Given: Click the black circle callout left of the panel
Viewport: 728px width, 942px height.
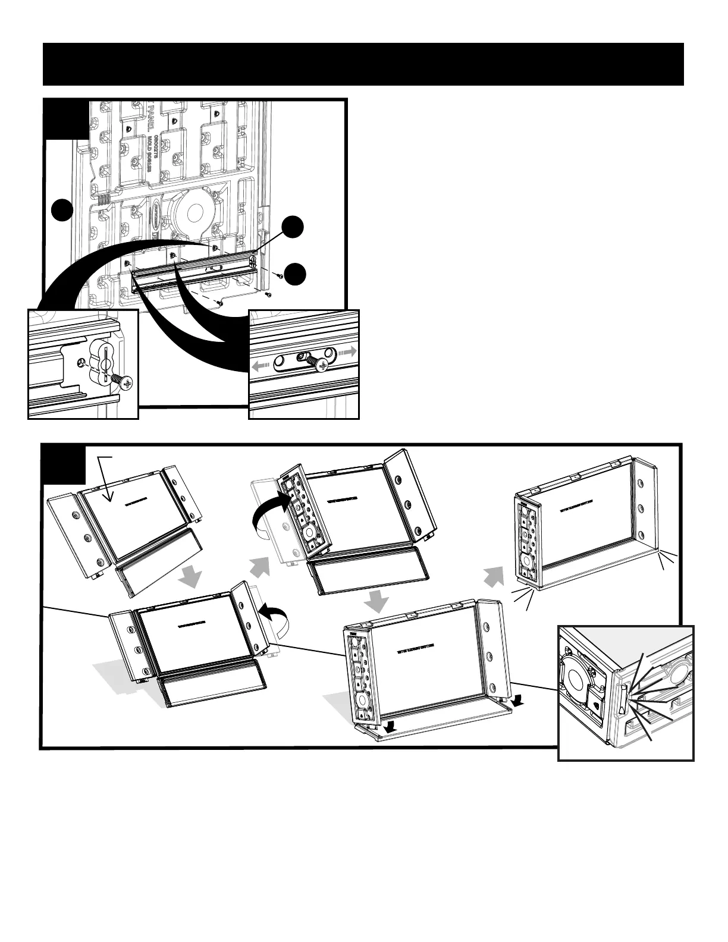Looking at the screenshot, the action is pos(61,211).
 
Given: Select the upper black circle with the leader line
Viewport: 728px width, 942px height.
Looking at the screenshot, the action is pos(293,228).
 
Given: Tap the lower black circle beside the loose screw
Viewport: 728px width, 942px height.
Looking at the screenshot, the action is pos(293,274).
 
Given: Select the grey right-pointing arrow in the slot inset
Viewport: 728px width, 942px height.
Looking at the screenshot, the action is pos(347,353).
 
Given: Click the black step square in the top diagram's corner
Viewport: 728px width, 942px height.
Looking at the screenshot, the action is pos(65,120).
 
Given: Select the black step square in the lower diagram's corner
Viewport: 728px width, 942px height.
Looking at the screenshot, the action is pos(64,464).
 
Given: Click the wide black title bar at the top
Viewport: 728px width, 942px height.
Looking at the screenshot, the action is pos(363,64).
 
